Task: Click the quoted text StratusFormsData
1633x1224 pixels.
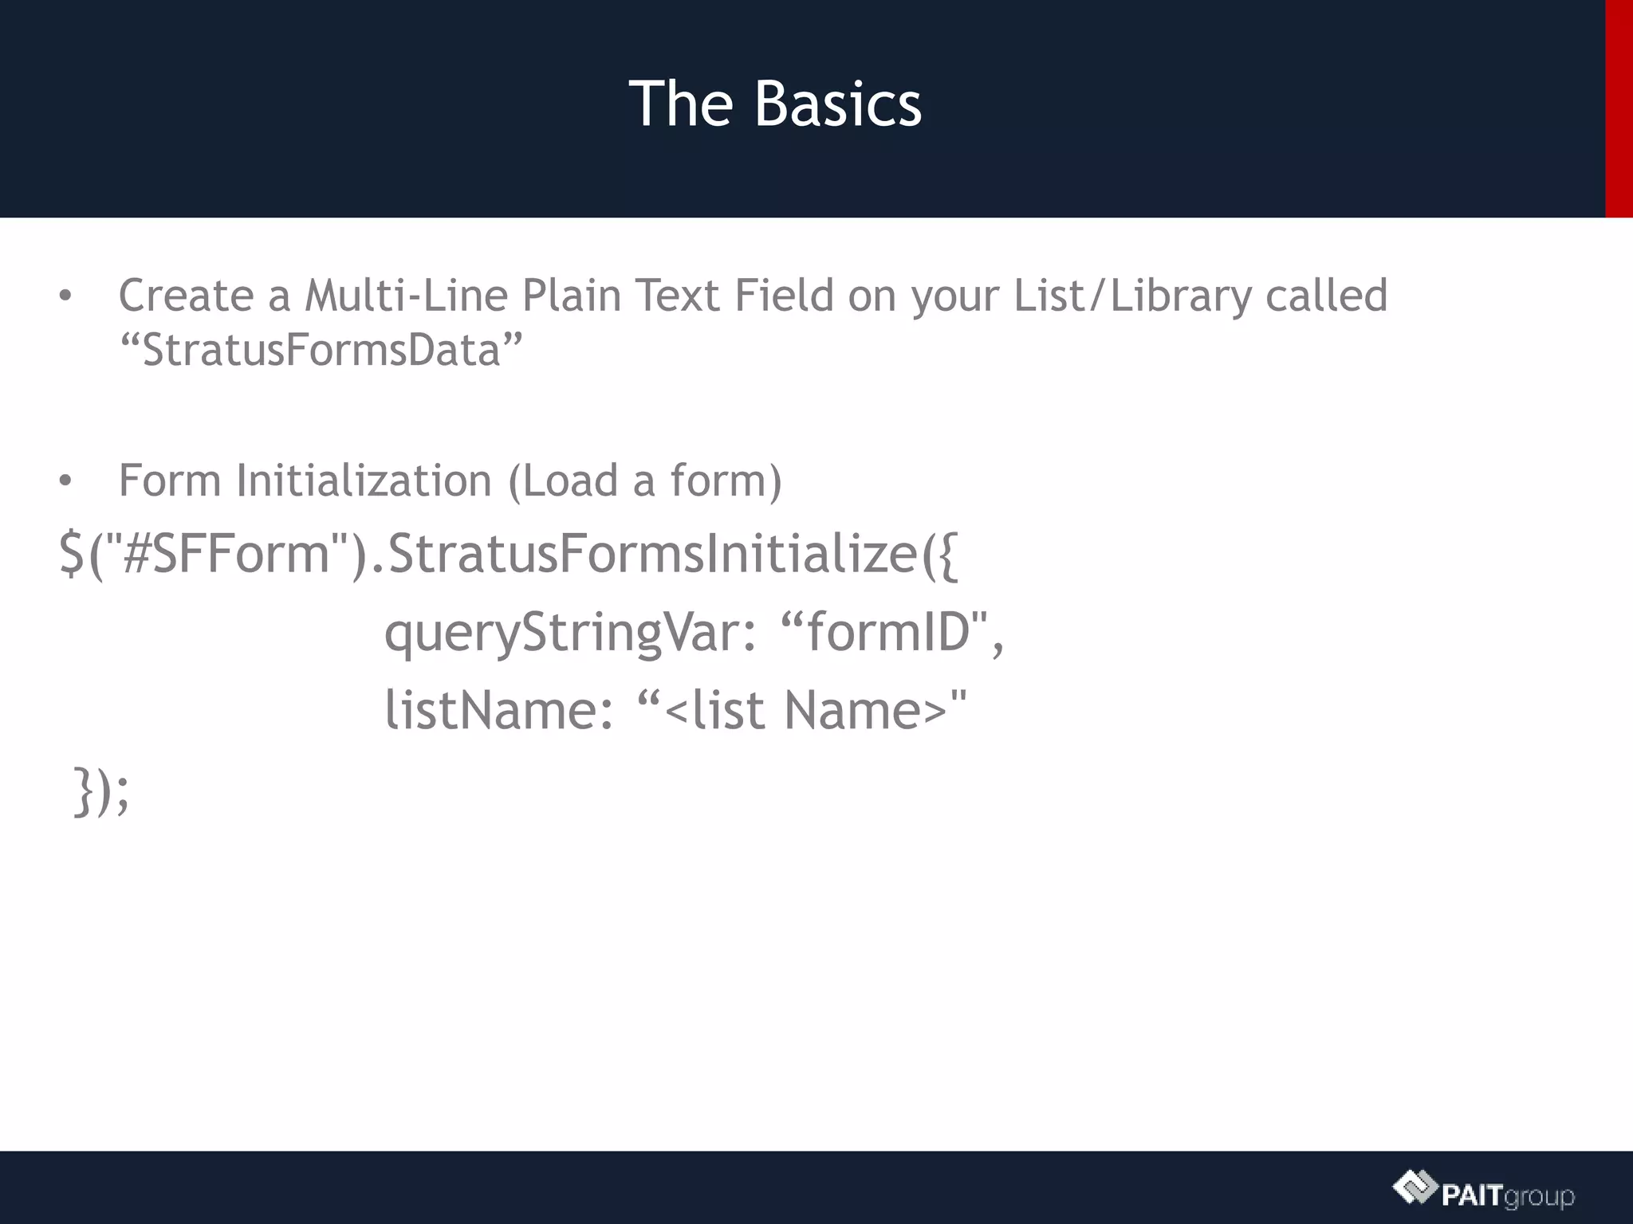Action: pos(321,350)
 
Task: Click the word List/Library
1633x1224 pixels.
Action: pos(1132,296)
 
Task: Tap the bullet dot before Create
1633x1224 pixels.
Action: pos(65,296)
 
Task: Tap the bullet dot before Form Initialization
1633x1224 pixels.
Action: pos(65,481)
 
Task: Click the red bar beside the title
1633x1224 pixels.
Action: pos(1619,108)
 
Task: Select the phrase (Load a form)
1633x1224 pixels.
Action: pos(645,481)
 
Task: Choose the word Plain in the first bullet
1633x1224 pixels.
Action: pos(571,296)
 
